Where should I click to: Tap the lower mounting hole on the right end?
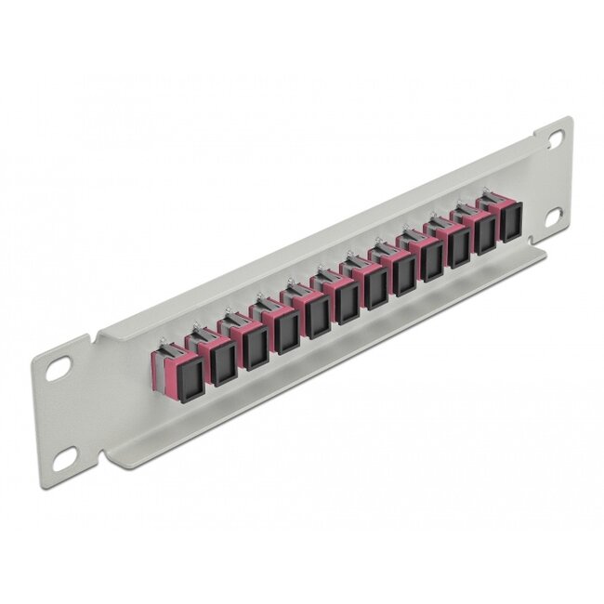click(x=556, y=217)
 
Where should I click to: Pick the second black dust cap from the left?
click(x=223, y=362)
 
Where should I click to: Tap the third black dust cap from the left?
click(x=254, y=347)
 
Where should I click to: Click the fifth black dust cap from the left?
click(x=316, y=318)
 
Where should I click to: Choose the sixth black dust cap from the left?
click(x=347, y=304)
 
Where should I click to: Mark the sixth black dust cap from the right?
click(x=375, y=290)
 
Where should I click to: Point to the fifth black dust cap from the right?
click(x=404, y=276)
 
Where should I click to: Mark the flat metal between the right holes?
click(x=556, y=177)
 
